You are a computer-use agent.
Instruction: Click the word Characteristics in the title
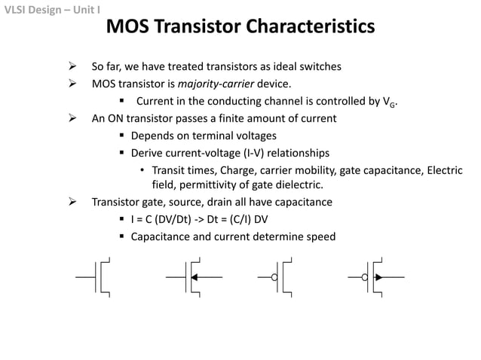(309, 28)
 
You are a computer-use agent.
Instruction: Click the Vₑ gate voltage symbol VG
(388, 102)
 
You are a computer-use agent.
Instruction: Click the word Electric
(445, 169)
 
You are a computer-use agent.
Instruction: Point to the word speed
(320, 236)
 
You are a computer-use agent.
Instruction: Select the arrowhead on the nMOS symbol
(195, 277)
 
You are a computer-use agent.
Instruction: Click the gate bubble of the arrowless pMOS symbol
(275, 278)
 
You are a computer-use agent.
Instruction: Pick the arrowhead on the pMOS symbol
(378, 278)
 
